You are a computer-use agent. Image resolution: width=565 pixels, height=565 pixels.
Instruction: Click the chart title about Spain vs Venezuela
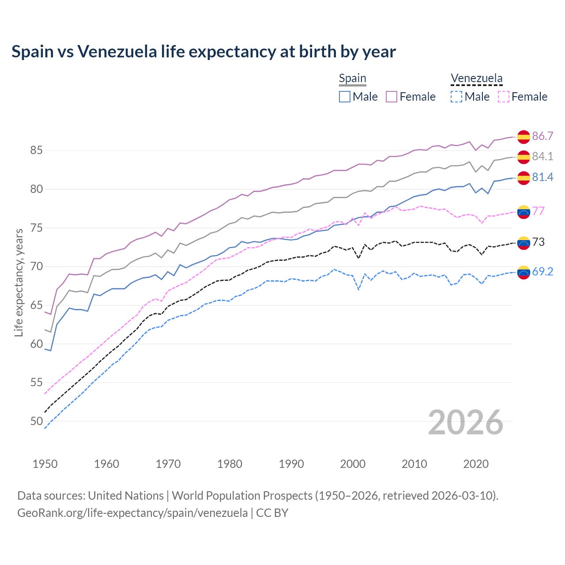pyautogui.click(x=203, y=52)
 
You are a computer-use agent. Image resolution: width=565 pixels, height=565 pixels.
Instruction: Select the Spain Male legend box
pyautogui.click(x=345, y=97)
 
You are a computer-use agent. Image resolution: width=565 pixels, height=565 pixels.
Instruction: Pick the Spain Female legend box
pyautogui.click(x=392, y=97)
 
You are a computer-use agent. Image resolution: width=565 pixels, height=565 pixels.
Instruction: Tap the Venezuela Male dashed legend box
pyautogui.click(x=456, y=97)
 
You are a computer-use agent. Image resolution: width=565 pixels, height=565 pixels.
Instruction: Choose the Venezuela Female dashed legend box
pyautogui.click(x=504, y=97)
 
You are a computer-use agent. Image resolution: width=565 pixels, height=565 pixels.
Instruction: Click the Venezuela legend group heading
pyautogui.click(x=476, y=79)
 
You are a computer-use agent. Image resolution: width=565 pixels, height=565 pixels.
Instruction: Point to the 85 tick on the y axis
pyautogui.click(x=36, y=151)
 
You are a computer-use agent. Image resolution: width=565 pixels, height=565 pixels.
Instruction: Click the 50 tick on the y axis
pyautogui.click(x=36, y=421)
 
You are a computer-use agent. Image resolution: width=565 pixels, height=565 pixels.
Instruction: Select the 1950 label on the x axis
pyautogui.click(x=45, y=464)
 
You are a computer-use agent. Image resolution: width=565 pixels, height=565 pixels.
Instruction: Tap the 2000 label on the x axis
pyautogui.click(x=353, y=464)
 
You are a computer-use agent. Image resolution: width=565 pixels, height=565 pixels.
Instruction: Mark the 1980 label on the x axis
pyautogui.click(x=230, y=464)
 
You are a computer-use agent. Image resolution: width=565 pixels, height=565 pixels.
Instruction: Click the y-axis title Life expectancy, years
pyautogui.click(x=19, y=282)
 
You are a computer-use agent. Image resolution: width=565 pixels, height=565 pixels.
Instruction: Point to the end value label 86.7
pyautogui.click(x=542, y=136)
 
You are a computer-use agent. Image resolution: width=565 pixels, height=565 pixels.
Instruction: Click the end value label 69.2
pyautogui.click(x=542, y=271)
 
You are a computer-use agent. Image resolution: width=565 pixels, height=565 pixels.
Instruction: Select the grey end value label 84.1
pyautogui.click(x=542, y=156)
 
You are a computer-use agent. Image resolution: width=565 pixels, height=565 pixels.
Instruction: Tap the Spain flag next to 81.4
pyautogui.click(x=524, y=178)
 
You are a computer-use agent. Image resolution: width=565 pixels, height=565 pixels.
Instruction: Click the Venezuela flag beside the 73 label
pyautogui.click(x=524, y=242)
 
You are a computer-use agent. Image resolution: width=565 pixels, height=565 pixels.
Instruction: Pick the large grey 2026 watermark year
pyautogui.click(x=465, y=422)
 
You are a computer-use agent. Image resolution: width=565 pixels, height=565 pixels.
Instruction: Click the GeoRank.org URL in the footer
pyautogui.click(x=132, y=513)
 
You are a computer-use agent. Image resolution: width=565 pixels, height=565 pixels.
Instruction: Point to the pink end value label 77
pyautogui.click(x=539, y=211)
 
